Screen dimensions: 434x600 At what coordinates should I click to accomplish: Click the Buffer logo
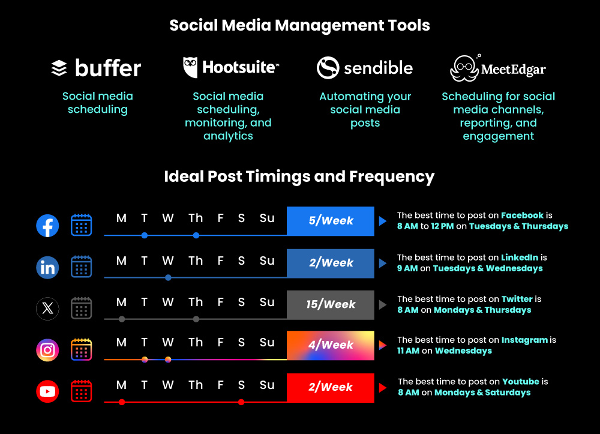pos(96,68)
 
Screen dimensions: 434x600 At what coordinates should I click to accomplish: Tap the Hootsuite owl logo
pos(191,67)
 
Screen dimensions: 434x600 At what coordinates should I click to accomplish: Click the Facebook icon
pos(47,226)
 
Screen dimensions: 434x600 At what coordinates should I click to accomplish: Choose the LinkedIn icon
pos(47,268)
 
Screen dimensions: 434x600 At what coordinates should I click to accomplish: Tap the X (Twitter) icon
pos(47,309)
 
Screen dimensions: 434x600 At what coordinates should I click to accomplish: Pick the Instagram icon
pos(47,349)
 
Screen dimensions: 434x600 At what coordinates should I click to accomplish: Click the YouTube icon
pos(47,392)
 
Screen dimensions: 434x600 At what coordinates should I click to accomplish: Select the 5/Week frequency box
pos(331,221)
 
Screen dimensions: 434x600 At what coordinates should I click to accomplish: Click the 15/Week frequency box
pos(331,304)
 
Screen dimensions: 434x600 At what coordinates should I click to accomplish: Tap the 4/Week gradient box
pos(331,345)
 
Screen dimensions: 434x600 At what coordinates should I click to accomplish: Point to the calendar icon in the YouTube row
pos(81,391)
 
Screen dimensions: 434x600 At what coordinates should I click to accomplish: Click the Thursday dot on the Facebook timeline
pos(196,235)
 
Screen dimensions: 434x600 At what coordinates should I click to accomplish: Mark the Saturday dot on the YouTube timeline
pos(241,402)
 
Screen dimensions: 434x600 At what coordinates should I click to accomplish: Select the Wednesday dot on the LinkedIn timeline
pos(168,277)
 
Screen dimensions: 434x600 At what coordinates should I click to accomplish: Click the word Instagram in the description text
pos(524,340)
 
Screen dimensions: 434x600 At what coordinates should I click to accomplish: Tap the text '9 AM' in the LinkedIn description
pos(407,268)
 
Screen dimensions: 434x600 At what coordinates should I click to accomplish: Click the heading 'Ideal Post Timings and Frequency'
pos(299,176)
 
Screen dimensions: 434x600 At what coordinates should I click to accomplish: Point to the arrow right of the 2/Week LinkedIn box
pos(382,264)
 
